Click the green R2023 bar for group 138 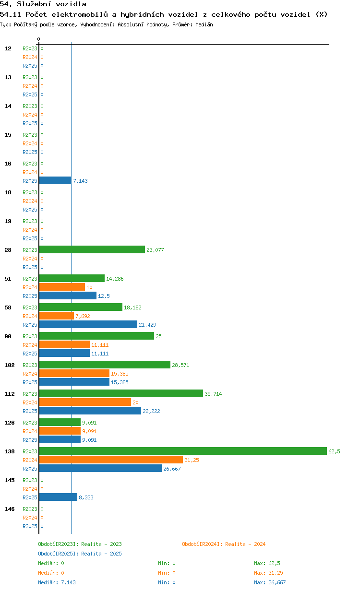pyautogui.click(x=183, y=451)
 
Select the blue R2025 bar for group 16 pyautogui.click(x=55, y=180)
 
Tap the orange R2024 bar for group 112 pyautogui.click(x=85, y=402)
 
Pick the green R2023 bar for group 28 pyautogui.click(x=92, y=249)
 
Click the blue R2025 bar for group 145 pyautogui.click(x=58, y=497)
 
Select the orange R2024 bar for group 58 pyautogui.click(x=57, y=316)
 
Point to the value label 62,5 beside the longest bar pyautogui.click(x=334, y=451)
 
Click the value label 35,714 pyautogui.click(x=213, y=394)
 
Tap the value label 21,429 pyautogui.click(x=147, y=325)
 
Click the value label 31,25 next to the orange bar pyautogui.click(x=192, y=460)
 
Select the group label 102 pyautogui.click(x=10, y=365)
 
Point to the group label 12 pyautogui.click(x=8, y=48)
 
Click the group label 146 pyautogui.click(x=10, y=509)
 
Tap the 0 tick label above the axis pyautogui.click(x=38, y=39)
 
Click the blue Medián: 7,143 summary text pyautogui.click(x=57, y=582)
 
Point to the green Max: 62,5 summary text pyautogui.click(x=267, y=563)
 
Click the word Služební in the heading pyautogui.click(x=34, y=4)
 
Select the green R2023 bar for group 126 pyautogui.click(x=60, y=422)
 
